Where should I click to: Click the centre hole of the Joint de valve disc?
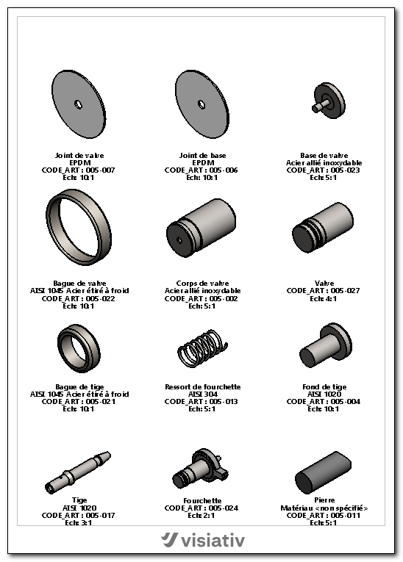click(78, 104)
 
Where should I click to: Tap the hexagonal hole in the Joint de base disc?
click(201, 104)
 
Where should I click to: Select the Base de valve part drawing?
click(329, 101)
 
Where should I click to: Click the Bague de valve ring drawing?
click(79, 227)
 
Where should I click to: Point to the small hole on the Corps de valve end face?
click(179, 239)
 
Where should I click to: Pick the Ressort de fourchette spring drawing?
click(202, 348)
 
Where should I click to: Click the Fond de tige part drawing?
click(326, 345)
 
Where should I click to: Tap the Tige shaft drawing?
click(78, 472)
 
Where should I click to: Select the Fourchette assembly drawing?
click(200, 469)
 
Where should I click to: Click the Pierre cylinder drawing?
click(323, 473)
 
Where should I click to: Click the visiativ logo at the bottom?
click(203, 540)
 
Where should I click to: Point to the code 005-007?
click(101, 170)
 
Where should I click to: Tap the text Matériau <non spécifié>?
click(324, 508)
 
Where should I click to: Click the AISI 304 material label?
click(203, 395)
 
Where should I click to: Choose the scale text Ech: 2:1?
click(201, 516)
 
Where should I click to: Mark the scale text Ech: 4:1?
click(324, 298)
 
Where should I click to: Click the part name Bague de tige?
click(79, 386)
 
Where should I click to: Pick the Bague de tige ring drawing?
click(79, 349)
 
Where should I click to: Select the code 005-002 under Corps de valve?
click(224, 298)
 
